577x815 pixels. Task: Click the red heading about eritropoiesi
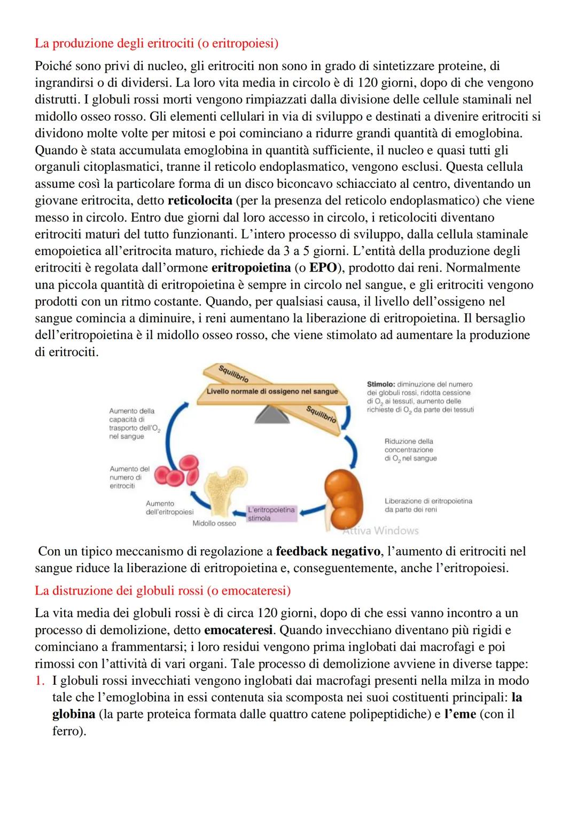[x=157, y=43]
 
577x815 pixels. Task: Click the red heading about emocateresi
[x=162, y=591]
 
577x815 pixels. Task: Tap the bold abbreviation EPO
[x=324, y=268]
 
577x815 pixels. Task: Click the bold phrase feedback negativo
[x=328, y=551]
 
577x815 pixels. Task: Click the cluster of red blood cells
[x=180, y=470]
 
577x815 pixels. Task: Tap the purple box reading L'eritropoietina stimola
[x=271, y=514]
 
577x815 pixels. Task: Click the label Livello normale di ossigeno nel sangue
[x=272, y=391]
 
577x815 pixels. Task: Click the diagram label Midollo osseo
[x=214, y=524]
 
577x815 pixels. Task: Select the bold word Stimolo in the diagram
[x=381, y=384]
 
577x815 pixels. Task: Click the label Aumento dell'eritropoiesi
[x=169, y=508]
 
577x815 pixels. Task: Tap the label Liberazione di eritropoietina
[x=428, y=505]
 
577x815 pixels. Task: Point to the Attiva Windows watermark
[x=380, y=531]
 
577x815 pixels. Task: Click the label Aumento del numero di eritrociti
[x=129, y=477]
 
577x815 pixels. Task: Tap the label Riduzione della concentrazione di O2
[x=410, y=450]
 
